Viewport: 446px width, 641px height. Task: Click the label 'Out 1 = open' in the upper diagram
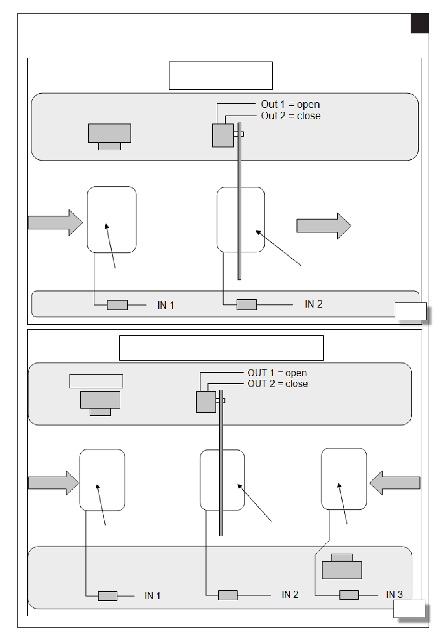290,104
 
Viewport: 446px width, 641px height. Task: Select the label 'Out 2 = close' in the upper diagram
291,116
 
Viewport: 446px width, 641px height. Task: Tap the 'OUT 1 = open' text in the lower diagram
277,373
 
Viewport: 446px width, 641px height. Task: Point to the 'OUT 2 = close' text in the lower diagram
277,384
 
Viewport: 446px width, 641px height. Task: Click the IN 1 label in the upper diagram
166,305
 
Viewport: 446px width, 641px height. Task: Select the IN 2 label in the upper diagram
314,304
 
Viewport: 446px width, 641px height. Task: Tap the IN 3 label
394,595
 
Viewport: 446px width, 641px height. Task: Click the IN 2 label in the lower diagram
290,595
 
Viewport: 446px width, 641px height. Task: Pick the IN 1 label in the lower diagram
153,596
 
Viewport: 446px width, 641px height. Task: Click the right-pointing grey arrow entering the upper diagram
55,223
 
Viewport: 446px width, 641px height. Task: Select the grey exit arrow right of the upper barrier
324,226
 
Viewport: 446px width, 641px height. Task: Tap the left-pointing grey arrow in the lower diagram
395,483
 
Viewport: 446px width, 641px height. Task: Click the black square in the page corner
420,23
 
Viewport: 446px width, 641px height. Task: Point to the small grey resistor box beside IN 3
349,595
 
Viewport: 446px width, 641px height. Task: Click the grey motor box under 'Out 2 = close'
223,135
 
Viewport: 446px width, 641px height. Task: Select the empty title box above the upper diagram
221,76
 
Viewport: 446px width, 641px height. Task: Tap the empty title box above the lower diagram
221,348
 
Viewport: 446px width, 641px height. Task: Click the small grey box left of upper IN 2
246,304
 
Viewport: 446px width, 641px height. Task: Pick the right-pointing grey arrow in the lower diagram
54,483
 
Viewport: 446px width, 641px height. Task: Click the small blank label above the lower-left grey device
96,381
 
